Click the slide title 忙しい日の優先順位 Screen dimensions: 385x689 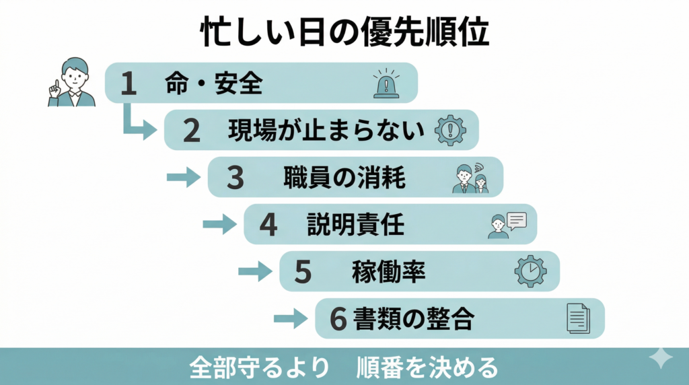pyautogui.click(x=344, y=31)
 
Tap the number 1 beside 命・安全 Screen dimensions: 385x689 pyautogui.click(x=129, y=83)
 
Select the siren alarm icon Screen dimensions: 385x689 pyautogui.click(x=386, y=83)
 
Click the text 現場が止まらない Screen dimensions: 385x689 pyautogui.click(x=326, y=130)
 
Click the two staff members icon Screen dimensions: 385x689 pyautogui.click(x=470, y=178)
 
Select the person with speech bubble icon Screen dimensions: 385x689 pyautogui.click(x=506, y=225)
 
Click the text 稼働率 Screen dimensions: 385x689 pyautogui.click(x=388, y=272)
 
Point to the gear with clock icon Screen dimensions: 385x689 pyautogui.click(x=530, y=271)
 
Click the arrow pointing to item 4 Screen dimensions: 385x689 pyautogui.click(x=219, y=225)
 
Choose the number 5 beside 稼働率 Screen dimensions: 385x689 pyautogui.click(x=303, y=272)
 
